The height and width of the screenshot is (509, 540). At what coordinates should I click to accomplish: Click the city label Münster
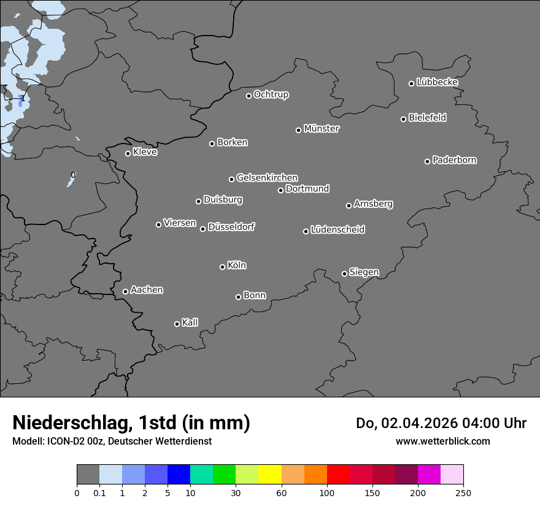click(322, 129)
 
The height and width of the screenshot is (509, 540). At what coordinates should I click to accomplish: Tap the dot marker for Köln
click(222, 267)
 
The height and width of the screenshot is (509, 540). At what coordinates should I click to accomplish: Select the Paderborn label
click(455, 160)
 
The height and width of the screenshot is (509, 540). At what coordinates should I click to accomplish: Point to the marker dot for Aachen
click(125, 291)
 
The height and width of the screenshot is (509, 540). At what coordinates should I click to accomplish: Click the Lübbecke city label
click(438, 82)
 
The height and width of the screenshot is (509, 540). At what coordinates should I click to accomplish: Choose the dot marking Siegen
click(344, 274)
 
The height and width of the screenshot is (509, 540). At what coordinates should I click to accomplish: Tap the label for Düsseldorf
click(231, 227)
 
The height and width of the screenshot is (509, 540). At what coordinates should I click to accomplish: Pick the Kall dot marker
click(177, 324)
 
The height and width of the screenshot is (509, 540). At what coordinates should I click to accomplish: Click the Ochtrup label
click(271, 94)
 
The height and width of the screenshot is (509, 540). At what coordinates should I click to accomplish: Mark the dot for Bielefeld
click(403, 119)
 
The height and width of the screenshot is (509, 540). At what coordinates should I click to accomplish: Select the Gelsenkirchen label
click(267, 178)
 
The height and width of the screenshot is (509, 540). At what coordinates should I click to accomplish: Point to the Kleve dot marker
click(128, 153)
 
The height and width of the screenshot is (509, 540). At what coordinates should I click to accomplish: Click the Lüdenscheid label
click(337, 230)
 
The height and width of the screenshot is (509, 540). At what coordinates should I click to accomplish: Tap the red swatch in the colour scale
click(338, 475)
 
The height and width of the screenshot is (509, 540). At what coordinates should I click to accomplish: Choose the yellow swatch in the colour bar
click(270, 475)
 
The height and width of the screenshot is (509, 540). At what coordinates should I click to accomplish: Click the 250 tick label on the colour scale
click(463, 492)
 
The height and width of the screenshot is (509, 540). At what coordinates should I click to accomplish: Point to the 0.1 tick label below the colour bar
click(99, 492)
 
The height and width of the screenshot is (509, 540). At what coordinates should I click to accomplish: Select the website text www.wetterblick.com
click(442, 441)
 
